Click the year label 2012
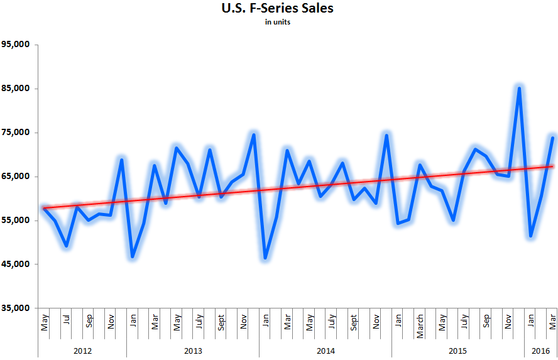click(x=82, y=349)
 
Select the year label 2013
click(x=193, y=349)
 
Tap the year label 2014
click(x=325, y=349)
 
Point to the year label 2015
click(x=458, y=349)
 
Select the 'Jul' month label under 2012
click(x=67, y=319)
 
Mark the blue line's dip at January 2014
click(x=265, y=258)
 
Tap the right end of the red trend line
click(x=552, y=166)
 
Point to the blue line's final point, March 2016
click(x=552, y=138)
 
